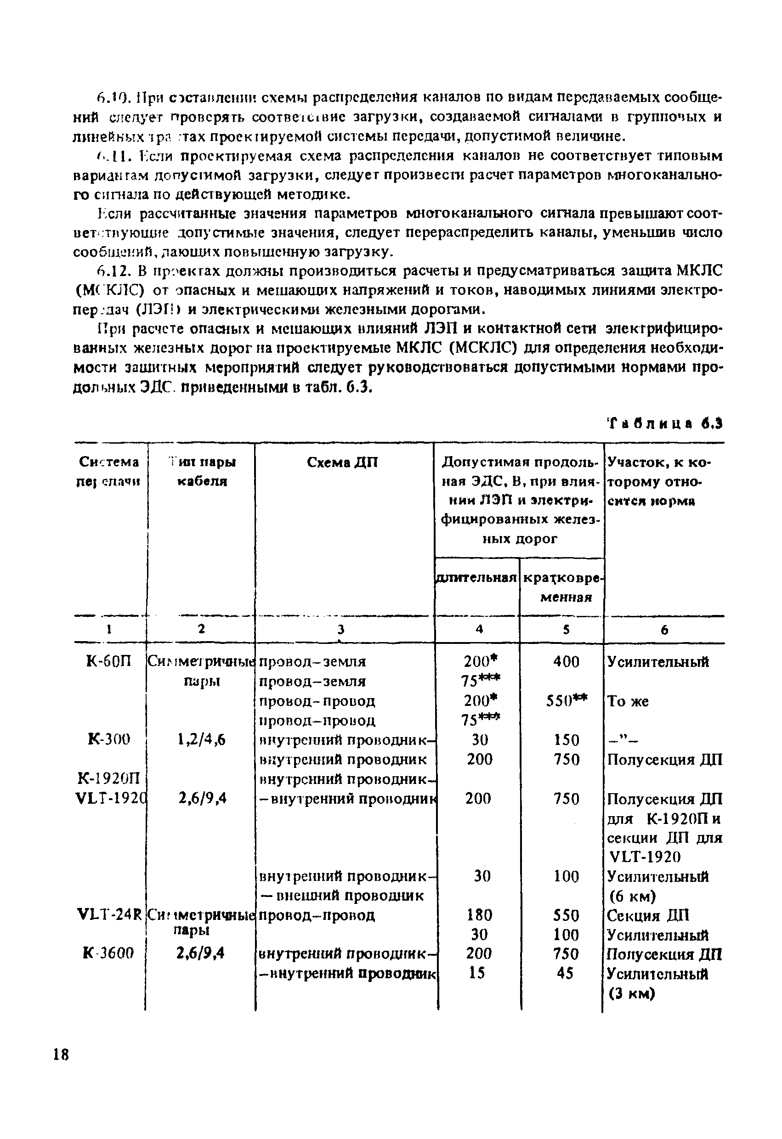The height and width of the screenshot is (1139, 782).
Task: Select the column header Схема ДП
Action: pyautogui.click(x=342, y=462)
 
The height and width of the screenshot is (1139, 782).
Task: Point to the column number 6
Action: pyautogui.click(x=664, y=630)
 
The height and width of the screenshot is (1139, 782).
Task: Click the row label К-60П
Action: pyautogui.click(x=109, y=662)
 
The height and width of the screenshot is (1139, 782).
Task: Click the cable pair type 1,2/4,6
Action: pyautogui.click(x=202, y=739)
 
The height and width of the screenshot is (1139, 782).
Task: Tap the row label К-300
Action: pyautogui.click(x=108, y=739)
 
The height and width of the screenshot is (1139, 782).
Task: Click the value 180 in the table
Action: pyautogui.click(x=479, y=915)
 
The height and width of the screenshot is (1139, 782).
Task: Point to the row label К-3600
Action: pyautogui.click(x=108, y=953)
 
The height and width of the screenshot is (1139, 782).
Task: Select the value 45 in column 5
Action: pyautogui.click(x=565, y=973)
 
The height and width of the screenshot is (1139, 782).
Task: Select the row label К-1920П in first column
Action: pyautogui.click(x=109, y=779)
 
